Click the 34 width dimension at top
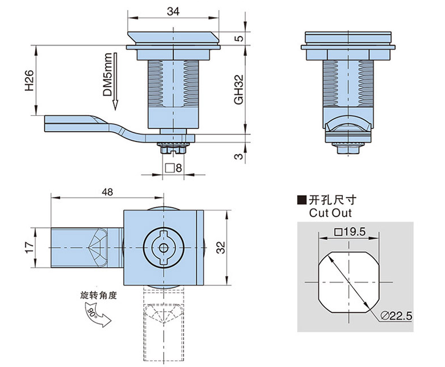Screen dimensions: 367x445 coord(174,11)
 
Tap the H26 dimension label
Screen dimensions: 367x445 coord(29,81)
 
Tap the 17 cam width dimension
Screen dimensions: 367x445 coord(27,247)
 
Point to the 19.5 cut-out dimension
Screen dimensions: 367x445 coord(350,232)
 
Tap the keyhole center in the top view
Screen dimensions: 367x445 coord(163,247)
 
